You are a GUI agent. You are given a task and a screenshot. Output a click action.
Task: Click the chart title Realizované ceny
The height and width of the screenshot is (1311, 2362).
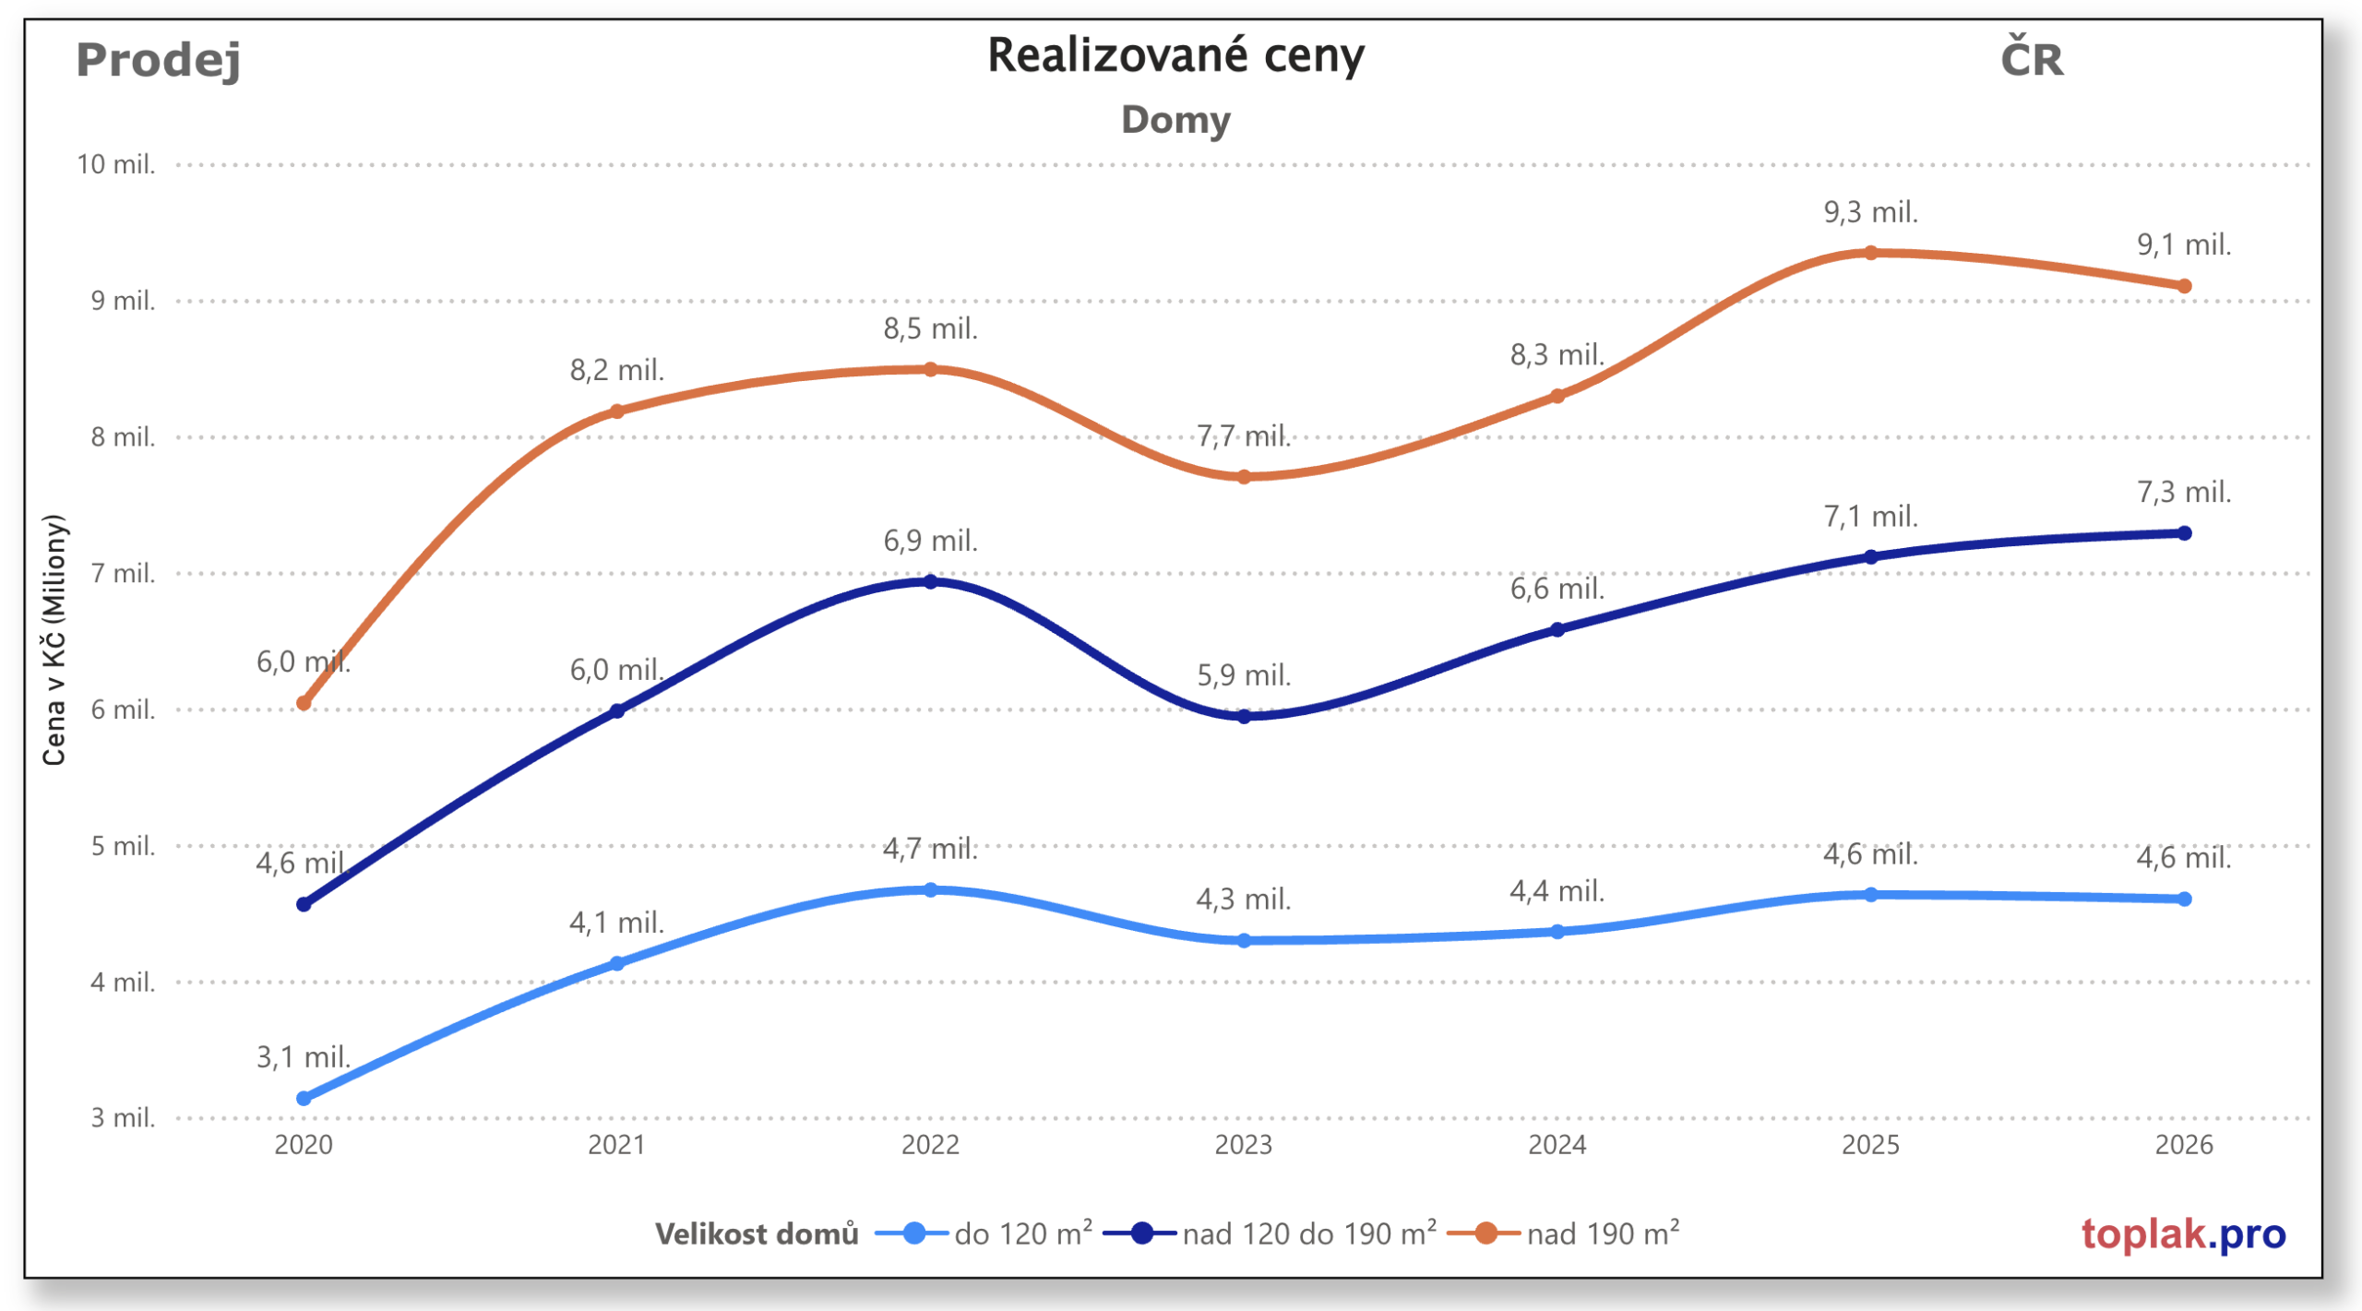click(1175, 55)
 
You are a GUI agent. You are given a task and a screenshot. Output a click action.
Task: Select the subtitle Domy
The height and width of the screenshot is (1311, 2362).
click(1175, 120)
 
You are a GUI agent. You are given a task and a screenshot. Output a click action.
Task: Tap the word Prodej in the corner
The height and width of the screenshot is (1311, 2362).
click(158, 60)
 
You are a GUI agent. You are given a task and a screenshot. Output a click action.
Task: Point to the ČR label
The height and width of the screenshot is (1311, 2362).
click(2031, 60)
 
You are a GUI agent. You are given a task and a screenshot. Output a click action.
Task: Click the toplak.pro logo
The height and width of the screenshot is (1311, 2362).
click(2183, 1234)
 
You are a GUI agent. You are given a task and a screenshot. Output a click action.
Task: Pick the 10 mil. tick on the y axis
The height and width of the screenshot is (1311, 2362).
click(116, 164)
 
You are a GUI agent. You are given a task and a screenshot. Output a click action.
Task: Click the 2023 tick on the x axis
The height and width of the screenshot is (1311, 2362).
click(1243, 1145)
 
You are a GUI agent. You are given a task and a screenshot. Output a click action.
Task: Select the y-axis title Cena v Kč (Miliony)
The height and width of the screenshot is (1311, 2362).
click(54, 640)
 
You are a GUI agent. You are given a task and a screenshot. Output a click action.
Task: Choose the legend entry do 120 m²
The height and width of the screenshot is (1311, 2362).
click(985, 1234)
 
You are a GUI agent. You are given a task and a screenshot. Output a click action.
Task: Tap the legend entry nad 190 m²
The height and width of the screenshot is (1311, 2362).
click(1565, 1234)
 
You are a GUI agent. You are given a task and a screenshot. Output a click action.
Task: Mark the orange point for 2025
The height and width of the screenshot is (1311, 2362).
click(1870, 253)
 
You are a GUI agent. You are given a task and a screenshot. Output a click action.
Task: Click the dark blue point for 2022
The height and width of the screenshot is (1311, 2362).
click(930, 582)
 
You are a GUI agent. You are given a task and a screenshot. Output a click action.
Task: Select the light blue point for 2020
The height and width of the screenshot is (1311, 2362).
click(304, 1098)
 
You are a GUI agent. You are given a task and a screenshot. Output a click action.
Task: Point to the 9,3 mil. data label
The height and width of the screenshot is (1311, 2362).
click(1870, 212)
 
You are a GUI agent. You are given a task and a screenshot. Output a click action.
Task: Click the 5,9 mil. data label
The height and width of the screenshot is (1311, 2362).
click(1243, 675)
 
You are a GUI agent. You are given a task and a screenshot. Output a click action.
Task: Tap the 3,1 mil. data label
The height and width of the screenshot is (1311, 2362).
click(304, 1057)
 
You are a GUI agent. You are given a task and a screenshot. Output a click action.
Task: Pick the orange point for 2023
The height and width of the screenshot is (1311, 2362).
click(1243, 477)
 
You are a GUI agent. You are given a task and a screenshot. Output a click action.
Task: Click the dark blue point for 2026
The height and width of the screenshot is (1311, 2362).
click(2184, 533)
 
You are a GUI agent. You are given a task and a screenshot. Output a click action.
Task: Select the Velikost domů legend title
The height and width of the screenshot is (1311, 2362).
click(757, 1234)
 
